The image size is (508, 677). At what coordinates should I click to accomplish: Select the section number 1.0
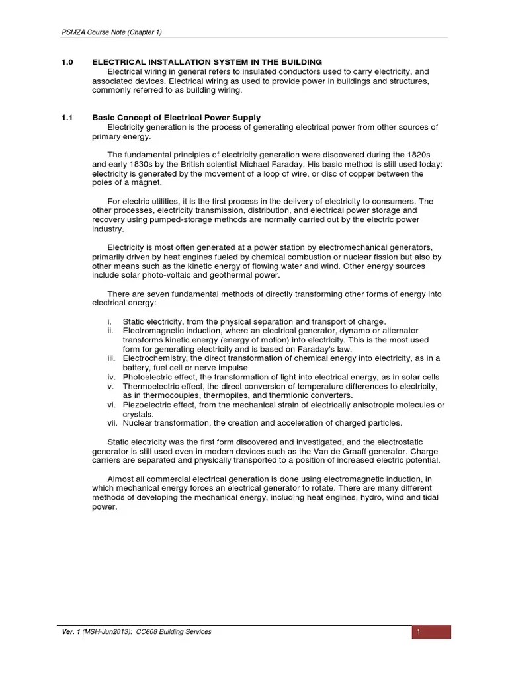coord(66,62)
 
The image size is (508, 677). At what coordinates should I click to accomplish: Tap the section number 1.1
coord(66,118)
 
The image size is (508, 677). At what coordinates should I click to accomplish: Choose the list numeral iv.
coord(111,377)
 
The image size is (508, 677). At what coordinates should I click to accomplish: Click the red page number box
coord(431,632)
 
